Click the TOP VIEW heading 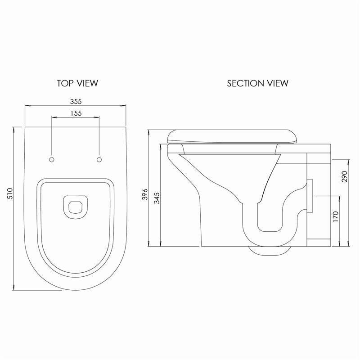coord(77,83)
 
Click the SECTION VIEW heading coord(257,83)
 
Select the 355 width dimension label coord(76,101)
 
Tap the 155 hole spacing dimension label coord(76,113)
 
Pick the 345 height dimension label coord(157,198)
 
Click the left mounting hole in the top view coord(52,160)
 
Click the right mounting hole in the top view coord(99,160)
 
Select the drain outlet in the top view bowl coord(75,207)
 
